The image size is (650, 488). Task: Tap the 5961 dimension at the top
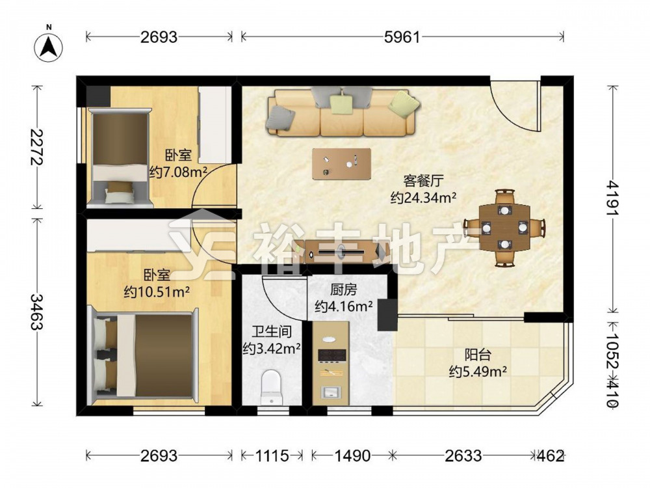[402, 37]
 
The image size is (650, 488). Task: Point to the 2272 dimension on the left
[37, 146]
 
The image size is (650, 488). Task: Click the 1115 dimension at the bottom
[272, 455]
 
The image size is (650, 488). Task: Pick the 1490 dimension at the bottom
[352, 455]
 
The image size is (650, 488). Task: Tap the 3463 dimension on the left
[37, 312]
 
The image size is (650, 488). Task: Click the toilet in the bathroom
[271, 386]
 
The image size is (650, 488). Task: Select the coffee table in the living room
[342, 164]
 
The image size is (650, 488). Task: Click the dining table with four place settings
[504, 228]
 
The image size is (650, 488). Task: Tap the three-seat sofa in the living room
[342, 112]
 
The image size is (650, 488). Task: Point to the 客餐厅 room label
[423, 182]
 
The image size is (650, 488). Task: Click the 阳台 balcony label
[478, 355]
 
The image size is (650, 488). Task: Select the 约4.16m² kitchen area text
[344, 306]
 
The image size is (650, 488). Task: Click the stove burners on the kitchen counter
[331, 355]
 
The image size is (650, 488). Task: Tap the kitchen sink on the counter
[331, 392]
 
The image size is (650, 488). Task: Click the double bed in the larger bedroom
[144, 355]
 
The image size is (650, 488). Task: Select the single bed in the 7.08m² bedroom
[120, 157]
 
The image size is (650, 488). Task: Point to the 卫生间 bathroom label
[272, 332]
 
